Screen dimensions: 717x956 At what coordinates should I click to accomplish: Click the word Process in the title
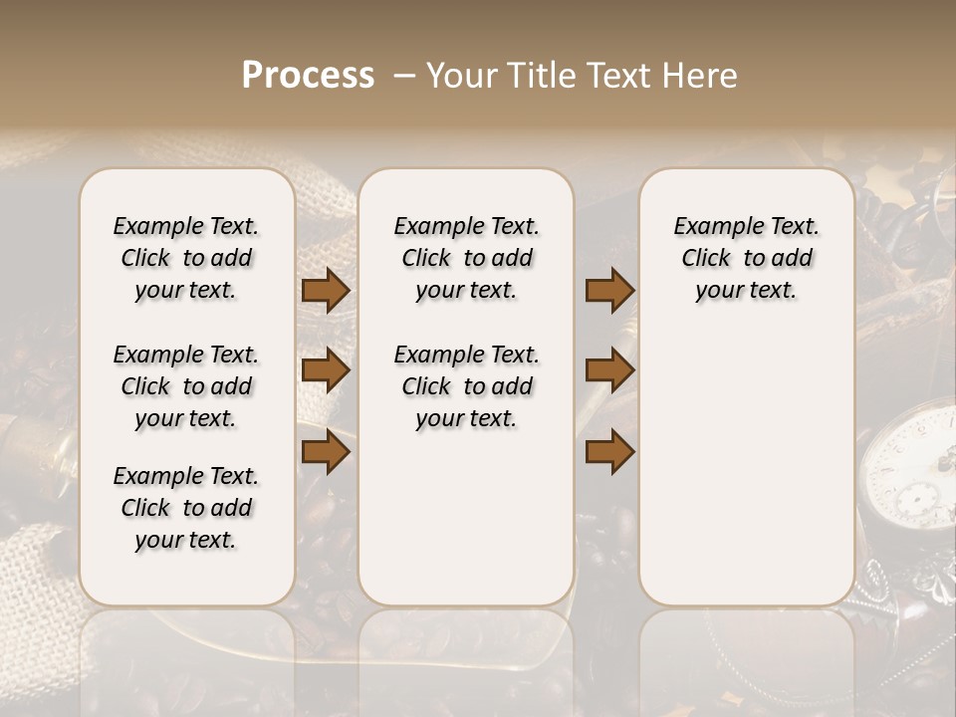[308, 76]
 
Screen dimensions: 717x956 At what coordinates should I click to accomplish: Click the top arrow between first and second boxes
[326, 291]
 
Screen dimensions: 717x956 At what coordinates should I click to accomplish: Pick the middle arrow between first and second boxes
[326, 371]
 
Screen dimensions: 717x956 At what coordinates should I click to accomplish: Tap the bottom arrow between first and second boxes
[326, 452]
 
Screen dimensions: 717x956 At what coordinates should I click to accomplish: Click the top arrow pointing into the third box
[609, 291]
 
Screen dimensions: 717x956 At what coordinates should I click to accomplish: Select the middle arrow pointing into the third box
[609, 371]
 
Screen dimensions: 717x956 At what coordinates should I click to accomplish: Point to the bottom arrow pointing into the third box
[609, 452]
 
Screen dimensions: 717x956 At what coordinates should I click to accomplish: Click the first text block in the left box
[186, 258]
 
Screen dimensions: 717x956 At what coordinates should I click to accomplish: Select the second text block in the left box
[186, 386]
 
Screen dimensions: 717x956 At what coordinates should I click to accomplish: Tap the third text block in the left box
[186, 508]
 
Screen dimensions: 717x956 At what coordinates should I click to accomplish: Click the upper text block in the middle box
[466, 258]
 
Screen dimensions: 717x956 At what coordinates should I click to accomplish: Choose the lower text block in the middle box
[466, 386]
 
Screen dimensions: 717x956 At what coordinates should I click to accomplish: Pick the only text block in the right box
[746, 258]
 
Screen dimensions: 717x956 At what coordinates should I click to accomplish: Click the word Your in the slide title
[459, 76]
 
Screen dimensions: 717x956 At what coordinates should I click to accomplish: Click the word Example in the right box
[710, 226]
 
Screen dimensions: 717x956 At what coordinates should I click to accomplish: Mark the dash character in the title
[403, 76]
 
